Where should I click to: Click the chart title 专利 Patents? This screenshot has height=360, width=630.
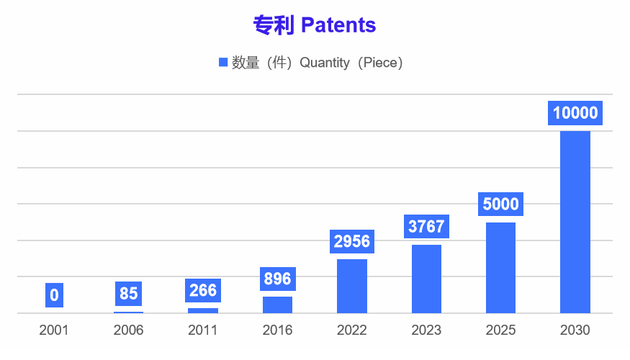pos(315,25)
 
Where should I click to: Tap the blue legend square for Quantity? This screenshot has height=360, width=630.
pos(222,63)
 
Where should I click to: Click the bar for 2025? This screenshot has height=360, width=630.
pos(500,268)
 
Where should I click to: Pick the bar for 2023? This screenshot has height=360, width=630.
pos(426,279)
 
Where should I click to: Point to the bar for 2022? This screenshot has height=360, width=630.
pos(352,286)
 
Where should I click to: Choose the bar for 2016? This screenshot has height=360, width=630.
pos(277,305)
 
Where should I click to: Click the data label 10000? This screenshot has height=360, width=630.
pos(575,113)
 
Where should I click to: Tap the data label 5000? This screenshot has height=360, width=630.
pos(500,204)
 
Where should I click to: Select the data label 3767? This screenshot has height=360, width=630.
pos(426,227)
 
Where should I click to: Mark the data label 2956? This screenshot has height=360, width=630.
pos(352,241)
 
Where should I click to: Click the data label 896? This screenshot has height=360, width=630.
pos(277,279)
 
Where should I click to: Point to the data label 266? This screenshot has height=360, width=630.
pos(203,290)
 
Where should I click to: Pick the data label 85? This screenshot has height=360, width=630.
pos(128,294)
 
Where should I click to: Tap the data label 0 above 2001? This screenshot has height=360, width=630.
pos(54,294)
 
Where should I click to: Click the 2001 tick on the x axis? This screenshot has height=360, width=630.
pos(54,330)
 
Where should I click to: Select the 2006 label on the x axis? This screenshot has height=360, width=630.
pos(128,330)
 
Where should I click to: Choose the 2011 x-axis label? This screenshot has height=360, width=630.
pos(203,330)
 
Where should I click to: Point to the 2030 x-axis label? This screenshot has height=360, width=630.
pos(575,330)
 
